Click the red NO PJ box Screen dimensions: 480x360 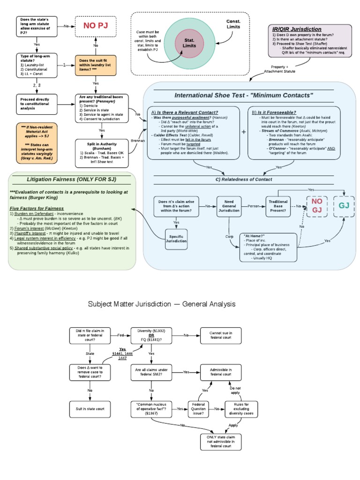tap(96, 26)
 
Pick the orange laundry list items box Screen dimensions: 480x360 tap(96, 66)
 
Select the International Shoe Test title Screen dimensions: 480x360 tap(244, 96)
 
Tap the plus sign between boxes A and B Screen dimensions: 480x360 tap(243, 132)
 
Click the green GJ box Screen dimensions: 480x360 tap(344, 206)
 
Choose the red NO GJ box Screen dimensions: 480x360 tap(317, 206)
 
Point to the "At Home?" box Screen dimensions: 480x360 tap(268, 247)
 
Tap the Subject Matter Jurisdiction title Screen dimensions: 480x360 tap(162, 304)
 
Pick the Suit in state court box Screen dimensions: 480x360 tap(90, 409)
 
